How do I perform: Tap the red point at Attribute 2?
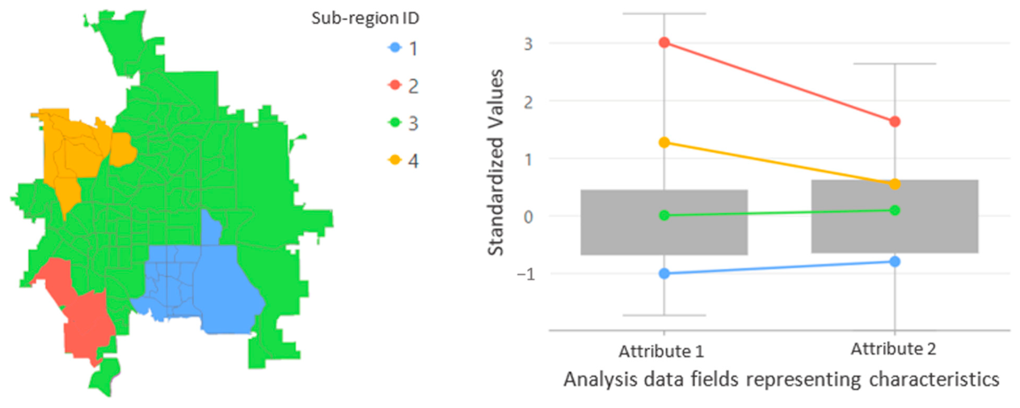point(895,122)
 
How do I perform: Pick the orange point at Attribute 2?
point(895,184)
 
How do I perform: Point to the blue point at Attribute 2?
point(895,262)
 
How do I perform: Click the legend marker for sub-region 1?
point(395,48)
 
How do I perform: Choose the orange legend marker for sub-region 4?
point(395,160)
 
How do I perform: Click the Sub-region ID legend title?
point(365,18)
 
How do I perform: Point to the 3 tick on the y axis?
point(528,43)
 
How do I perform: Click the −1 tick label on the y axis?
point(526,274)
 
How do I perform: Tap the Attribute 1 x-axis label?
point(661,351)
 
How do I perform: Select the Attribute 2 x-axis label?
point(893,349)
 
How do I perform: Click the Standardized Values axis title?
point(495,162)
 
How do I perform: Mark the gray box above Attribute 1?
point(664,238)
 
